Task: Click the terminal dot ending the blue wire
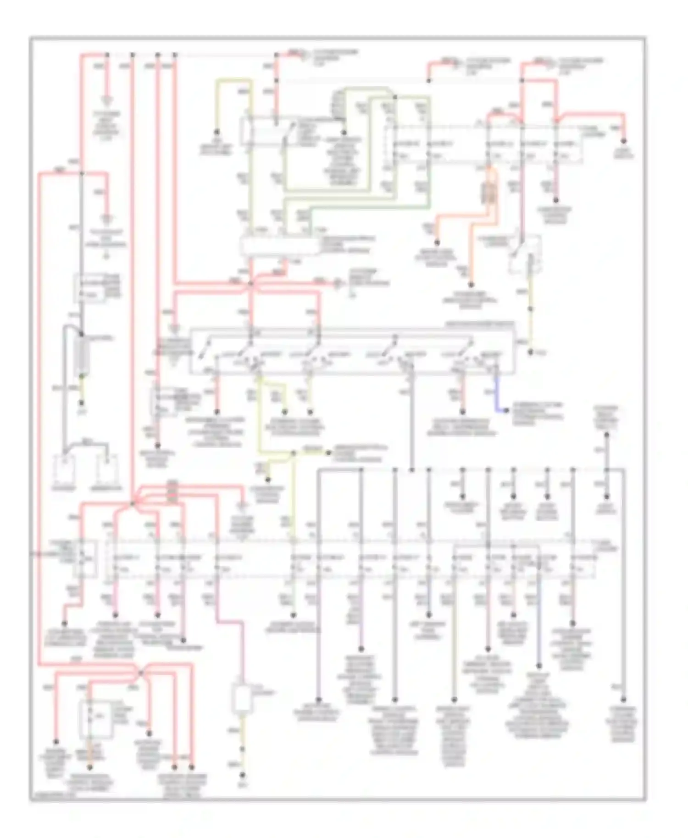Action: point(506,410)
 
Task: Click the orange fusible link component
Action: point(489,193)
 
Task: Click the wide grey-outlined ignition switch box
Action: point(352,350)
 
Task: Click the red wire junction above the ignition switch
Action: point(250,284)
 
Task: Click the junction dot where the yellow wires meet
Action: point(293,453)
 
